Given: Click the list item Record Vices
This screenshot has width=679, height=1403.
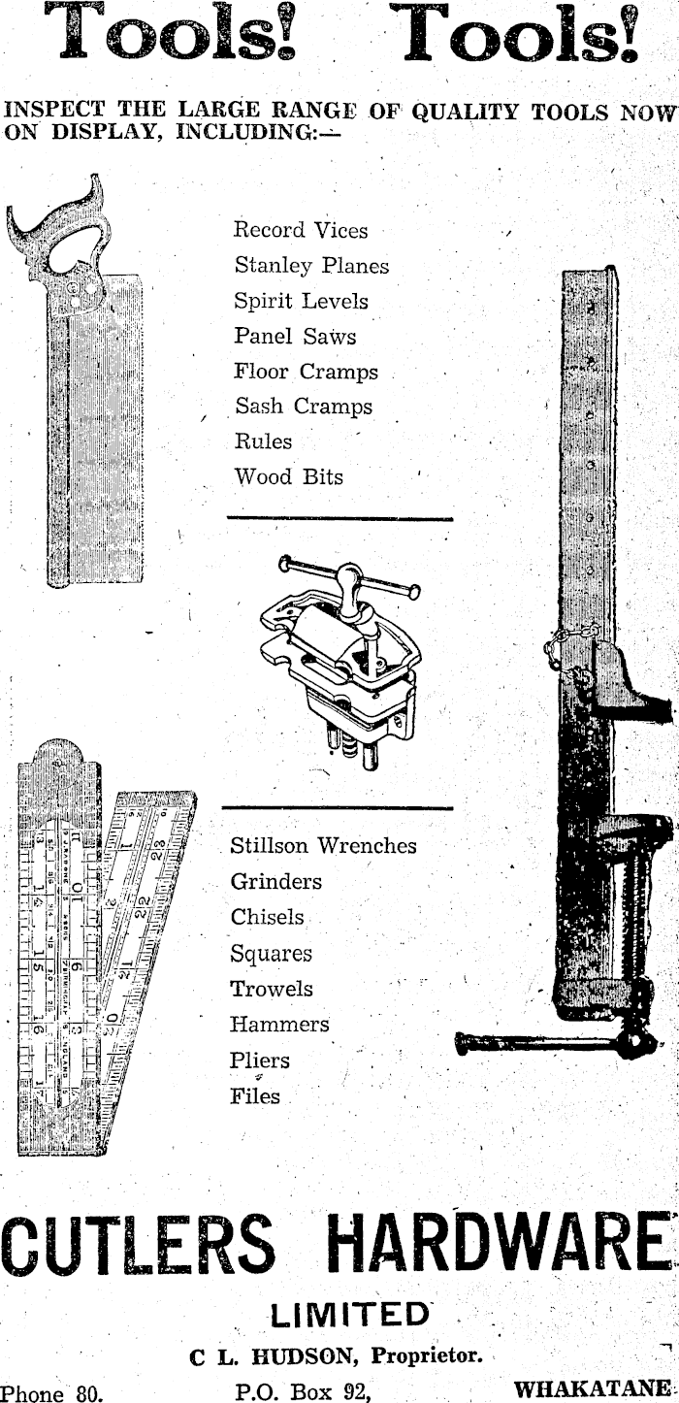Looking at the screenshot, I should pyautogui.click(x=301, y=231).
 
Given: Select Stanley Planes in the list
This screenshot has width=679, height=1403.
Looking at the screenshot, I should pyautogui.click(x=310, y=266).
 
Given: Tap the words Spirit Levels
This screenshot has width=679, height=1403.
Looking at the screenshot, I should pyautogui.click(x=301, y=302).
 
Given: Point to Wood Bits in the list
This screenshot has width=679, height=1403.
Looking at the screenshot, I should pyautogui.click(x=288, y=477).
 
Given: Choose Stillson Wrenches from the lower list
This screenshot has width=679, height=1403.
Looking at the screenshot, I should pyautogui.click(x=323, y=846).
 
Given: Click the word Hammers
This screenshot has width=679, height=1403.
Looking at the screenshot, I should pyautogui.click(x=279, y=1025).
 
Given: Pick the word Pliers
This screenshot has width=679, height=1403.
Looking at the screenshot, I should pyautogui.click(x=260, y=1060).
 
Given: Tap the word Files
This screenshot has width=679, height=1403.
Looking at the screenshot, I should pyautogui.click(x=255, y=1097).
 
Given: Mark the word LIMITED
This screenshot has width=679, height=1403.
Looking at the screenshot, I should pyautogui.click(x=349, y=1315).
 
